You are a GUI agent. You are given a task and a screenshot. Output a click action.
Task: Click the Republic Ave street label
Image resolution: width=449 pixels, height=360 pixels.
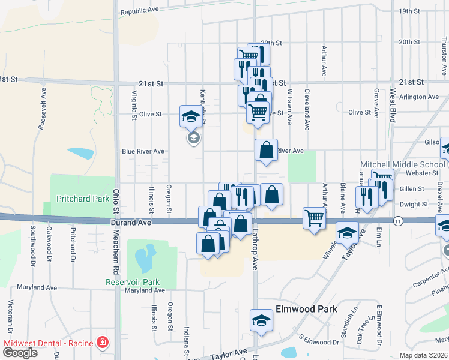coord(139,11)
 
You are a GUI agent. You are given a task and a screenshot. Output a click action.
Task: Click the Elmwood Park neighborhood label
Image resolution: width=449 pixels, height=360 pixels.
coord(306,310)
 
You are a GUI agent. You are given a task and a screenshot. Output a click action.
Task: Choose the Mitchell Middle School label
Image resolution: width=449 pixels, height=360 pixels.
coord(402,164)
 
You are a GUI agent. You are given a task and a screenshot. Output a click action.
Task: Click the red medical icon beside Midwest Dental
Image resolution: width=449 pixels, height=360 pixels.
coord(103,343)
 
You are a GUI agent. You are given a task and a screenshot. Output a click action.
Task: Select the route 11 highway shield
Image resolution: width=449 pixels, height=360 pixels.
coord(398,221)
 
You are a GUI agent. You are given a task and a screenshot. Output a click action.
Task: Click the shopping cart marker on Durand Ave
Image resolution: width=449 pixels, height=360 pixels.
coord(314,217)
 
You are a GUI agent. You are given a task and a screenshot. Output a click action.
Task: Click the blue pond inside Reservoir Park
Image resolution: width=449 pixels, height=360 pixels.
coord(142,259)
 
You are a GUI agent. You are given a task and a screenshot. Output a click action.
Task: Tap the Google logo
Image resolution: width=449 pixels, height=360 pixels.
coord(20,352)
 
